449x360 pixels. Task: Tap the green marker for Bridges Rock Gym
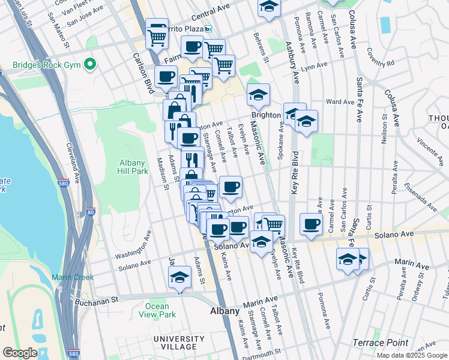(90, 63)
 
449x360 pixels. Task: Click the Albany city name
(225, 311)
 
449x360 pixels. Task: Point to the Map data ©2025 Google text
(412, 355)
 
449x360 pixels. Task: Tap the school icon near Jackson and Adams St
(179, 278)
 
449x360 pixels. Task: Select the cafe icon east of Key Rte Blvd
(311, 224)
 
